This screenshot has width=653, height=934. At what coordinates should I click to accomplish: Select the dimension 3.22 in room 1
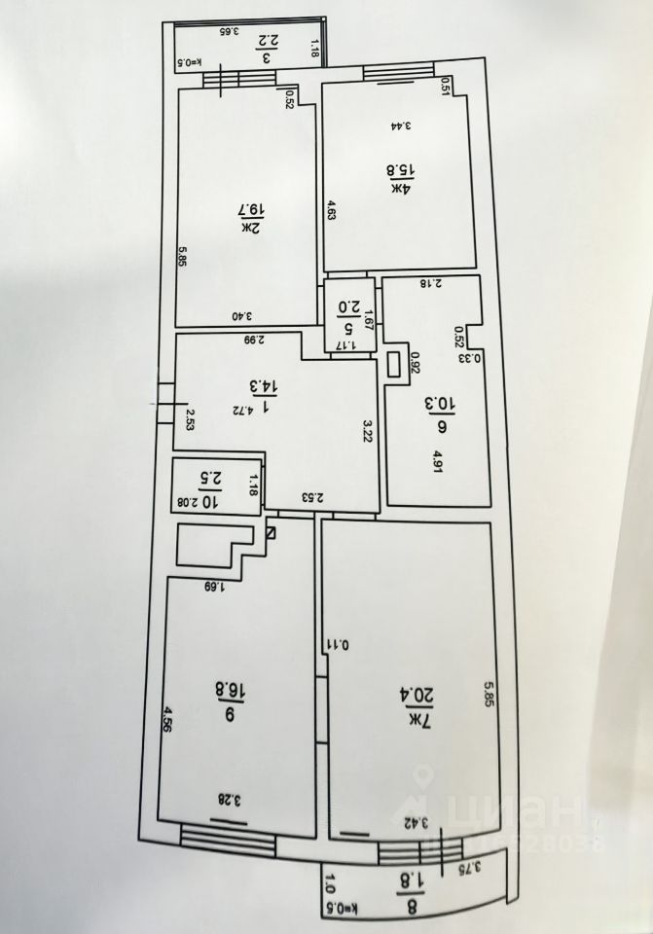(x=368, y=430)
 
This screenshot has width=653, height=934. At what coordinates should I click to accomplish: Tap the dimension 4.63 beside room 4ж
(x=331, y=211)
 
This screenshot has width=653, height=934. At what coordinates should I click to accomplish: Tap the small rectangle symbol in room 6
(x=394, y=364)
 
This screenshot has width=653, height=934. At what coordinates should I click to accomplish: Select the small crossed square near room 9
(x=270, y=533)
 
